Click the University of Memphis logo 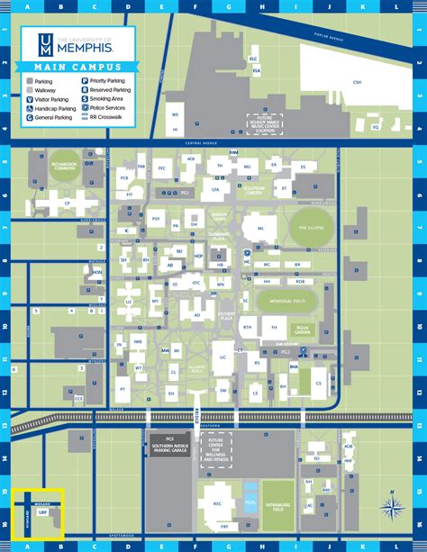pos(77,43)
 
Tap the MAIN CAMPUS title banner pos(77,67)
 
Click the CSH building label pos(358,83)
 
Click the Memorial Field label pos(286,302)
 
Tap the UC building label pos(223,358)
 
